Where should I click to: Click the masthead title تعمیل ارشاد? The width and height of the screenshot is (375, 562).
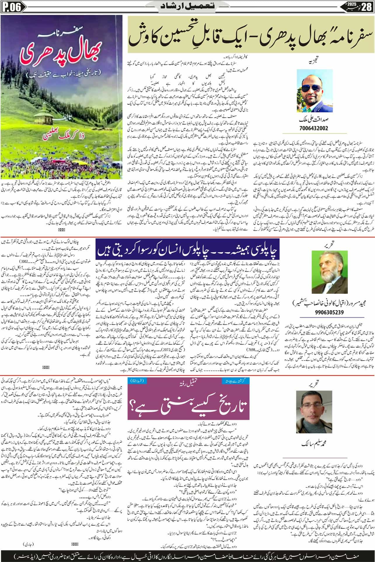pyautogui.click(x=187, y=7)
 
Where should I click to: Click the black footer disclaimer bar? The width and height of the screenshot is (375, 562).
pyautogui.click(x=187, y=555)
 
